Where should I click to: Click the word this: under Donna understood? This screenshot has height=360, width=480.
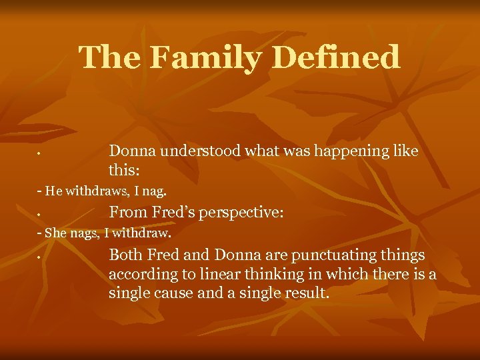[124, 170]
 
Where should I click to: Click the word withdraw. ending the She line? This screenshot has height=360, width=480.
[146, 234]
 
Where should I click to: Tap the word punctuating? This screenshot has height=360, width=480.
[323, 255]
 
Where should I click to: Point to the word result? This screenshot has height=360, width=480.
[303, 293]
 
